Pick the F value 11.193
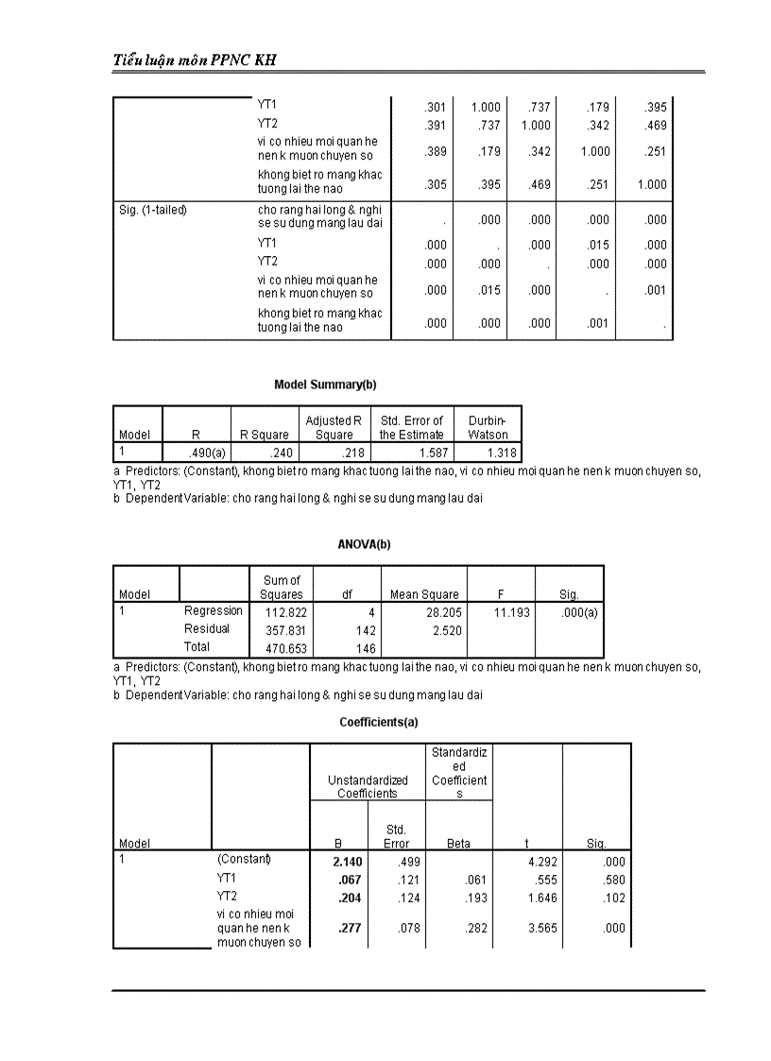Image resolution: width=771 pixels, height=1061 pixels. tap(511, 612)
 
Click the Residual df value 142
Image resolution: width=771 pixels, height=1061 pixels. tap(364, 630)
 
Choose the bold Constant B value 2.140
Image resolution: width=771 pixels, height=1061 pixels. tap(347, 862)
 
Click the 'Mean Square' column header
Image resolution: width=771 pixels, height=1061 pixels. tap(424, 594)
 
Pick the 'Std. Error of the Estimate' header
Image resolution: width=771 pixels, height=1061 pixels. tap(411, 428)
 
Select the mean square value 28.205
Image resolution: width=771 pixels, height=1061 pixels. tap(442, 612)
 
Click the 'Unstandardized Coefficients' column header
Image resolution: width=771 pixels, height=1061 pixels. tap(368, 786)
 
